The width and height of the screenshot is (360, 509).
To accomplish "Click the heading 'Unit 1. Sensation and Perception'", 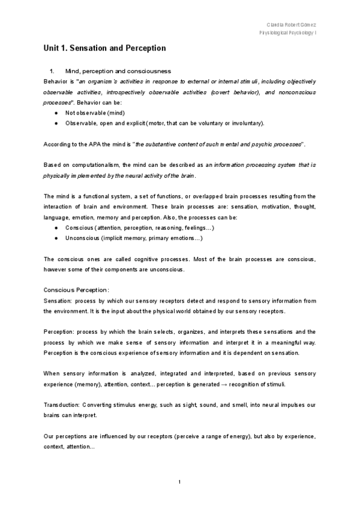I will (x=104, y=47).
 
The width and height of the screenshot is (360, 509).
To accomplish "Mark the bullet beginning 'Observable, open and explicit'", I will (x=164, y=123).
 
